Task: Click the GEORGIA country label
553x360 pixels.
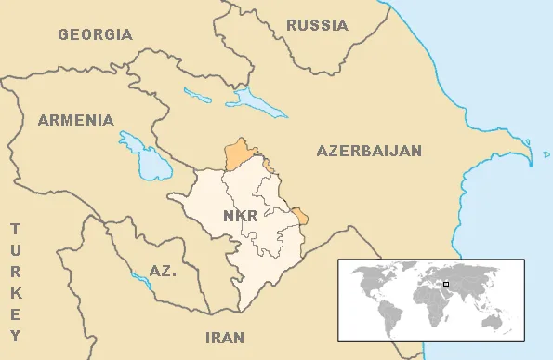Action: (95, 34)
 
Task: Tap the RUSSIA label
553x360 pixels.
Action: (317, 25)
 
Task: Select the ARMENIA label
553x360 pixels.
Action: (75, 120)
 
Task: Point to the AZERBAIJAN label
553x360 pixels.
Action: (369, 151)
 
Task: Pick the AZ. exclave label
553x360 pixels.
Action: (163, 272)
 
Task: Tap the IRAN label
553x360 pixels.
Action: (225, 337)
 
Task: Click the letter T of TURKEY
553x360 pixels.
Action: (15, 228)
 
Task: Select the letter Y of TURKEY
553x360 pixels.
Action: (15, 336)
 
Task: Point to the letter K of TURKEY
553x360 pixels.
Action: (15, 293)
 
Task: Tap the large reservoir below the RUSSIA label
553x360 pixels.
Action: (253, 100)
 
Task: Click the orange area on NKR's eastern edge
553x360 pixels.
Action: (299, 217)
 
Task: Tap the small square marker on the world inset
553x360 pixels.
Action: (446, 284)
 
